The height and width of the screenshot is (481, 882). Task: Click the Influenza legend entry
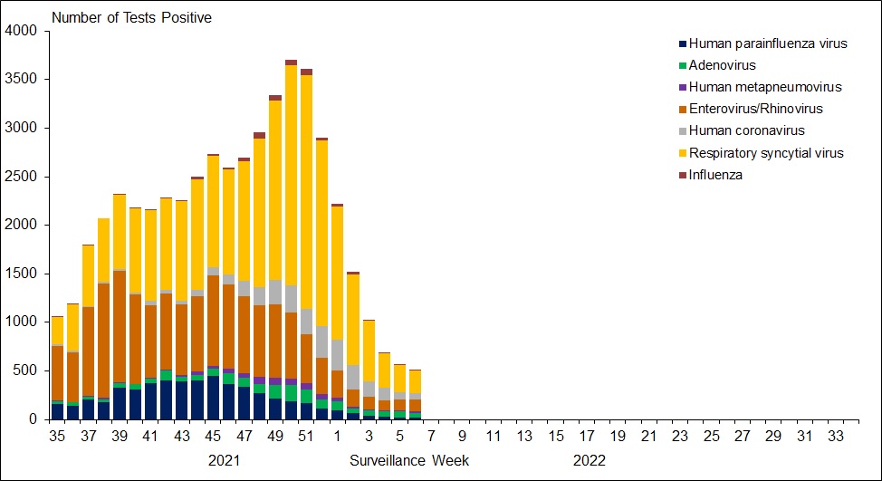click(715, 175)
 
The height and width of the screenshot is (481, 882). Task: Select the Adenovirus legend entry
click(722, 65)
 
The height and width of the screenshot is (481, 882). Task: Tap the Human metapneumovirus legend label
click(765, 87)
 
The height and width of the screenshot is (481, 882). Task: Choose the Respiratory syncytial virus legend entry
click(766, 153)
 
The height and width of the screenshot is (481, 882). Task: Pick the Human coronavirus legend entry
click(746, 131)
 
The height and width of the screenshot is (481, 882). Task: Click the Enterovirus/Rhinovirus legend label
click(755, 109)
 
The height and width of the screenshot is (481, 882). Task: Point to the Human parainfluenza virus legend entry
click(768, 43)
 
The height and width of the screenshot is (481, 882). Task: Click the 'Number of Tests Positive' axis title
click(131, 17)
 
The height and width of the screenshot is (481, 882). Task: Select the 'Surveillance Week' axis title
click(409, 460)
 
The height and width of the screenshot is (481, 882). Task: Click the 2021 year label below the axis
click(225, 460)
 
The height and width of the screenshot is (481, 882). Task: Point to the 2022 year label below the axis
click(589, 460)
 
